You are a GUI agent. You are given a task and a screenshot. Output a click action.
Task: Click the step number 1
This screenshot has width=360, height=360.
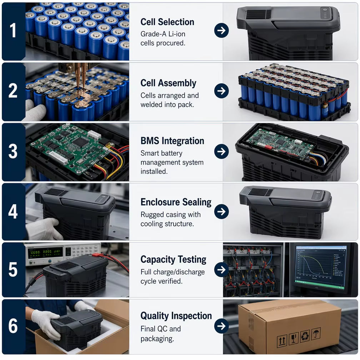pyautogui.click(x=13, y=30)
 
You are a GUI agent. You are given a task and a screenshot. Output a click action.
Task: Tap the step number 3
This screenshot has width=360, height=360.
pyautogui.click(x=13, y=151)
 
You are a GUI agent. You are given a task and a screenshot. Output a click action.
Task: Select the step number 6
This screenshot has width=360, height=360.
pyautogui.click(x=13, y=326)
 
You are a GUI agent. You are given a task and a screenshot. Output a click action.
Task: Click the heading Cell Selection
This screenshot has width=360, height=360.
pyautogui.click(x=167, y=22)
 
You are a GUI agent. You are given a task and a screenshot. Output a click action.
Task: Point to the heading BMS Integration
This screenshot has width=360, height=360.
pyautogui.click(x=172, y=141)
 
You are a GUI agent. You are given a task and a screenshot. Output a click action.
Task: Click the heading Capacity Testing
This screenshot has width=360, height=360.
pyautogui.click(x=173, y=260)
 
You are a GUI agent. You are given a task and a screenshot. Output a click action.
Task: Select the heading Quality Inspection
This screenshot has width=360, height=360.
pyautogui.click(x=176, y=316)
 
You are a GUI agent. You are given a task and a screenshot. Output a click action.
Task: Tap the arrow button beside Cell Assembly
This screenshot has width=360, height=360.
pyautogui.click(x=221, y=91)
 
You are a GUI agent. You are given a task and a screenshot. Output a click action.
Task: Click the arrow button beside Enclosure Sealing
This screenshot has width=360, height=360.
pyautogui.click(x=221, y=211)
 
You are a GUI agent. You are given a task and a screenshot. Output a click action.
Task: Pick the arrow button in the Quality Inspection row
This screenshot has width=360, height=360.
pyautogui.click(x=221, y=326)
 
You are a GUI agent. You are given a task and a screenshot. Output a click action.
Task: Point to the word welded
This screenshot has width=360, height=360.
pyautogui.click(x=151, y=104)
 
